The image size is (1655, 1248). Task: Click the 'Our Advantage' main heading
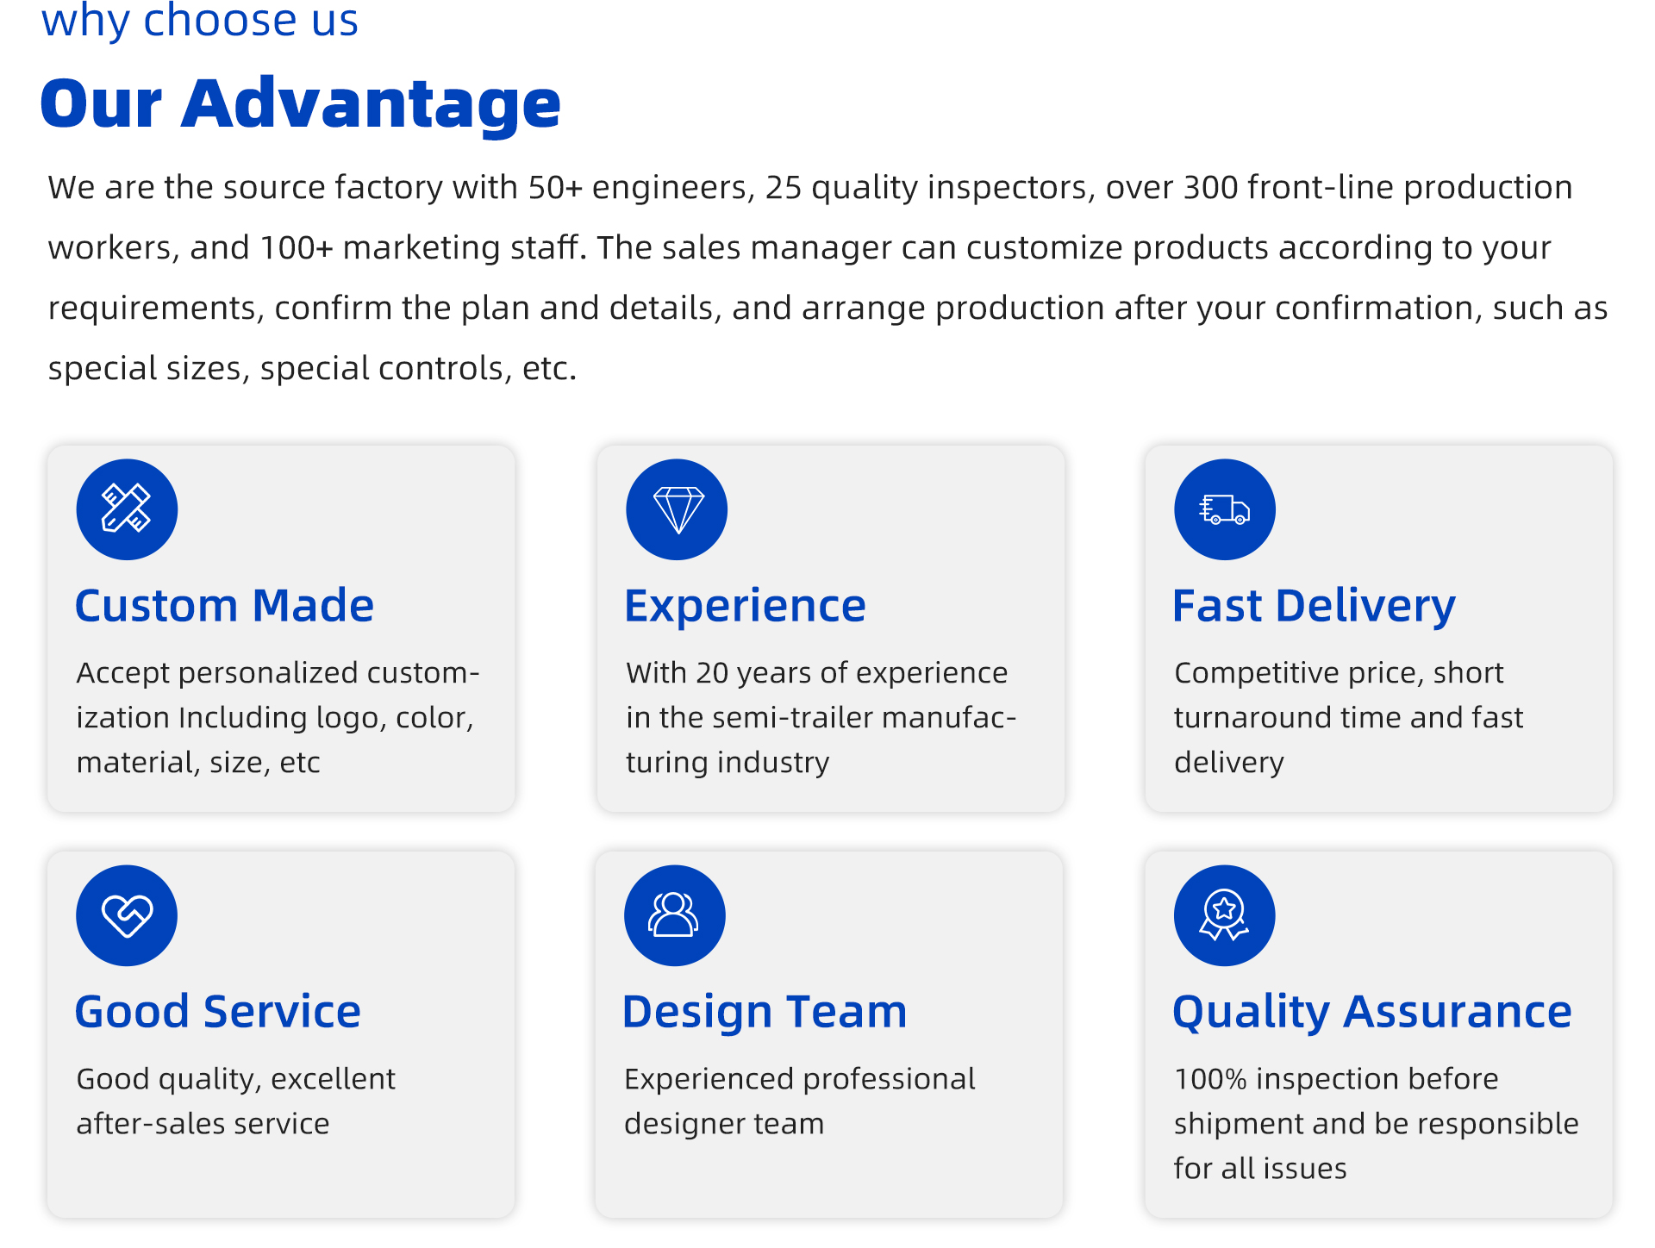click(300, 103)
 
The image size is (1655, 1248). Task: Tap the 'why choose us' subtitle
click(199, 21)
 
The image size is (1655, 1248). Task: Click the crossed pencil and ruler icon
click(127, 509)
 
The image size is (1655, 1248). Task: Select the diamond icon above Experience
click(677, 509)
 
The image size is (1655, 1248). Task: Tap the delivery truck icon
click(1225, 509)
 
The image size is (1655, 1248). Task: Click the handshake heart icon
click(127, 915)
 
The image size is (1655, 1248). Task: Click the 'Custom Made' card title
click(225, 606)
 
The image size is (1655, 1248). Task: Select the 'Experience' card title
click(745, 607)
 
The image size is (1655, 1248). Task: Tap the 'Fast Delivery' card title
click(1314, 607)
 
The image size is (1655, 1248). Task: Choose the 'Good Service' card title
click(218, 1012)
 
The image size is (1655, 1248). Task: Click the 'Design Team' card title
click(765, 1013)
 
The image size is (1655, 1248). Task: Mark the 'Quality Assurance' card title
click(1372, 1013)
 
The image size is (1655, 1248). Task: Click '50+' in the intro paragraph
click(556, 188)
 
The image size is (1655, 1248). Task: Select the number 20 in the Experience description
click(712, 673)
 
